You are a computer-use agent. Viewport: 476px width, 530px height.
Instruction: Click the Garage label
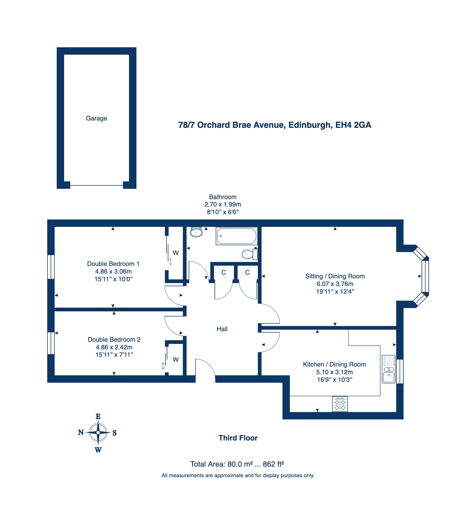click(96, 118)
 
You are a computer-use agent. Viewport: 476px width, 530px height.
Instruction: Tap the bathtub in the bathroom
click(236, 236)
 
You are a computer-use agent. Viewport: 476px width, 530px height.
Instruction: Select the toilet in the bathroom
click(250, 254)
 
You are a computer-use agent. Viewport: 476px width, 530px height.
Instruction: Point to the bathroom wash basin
click(196, 232)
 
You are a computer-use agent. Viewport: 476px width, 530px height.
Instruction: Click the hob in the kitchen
click(340, 404)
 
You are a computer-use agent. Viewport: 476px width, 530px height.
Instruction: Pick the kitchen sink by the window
click(389, 369)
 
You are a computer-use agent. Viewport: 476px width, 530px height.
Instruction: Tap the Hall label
click(222, 329)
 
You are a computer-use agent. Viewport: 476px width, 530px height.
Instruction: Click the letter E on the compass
click(98, 416)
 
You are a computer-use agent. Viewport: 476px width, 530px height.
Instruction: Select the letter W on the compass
click(98, 450)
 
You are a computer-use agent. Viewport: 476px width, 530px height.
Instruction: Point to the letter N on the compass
click(81, 432)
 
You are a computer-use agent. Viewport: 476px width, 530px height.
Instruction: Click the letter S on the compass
click(115, 433)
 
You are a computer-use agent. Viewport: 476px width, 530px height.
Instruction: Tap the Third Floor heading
click(238, 438)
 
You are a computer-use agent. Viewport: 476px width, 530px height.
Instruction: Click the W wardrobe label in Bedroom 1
click(176, 253)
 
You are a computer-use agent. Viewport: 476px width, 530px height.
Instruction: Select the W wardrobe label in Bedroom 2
click(176, 360)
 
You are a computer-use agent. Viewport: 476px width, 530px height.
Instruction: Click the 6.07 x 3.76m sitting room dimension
click(335, 284)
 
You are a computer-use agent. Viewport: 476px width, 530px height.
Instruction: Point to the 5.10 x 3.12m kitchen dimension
click(335, 372)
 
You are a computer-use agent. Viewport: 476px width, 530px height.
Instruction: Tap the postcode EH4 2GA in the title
click(353, 125)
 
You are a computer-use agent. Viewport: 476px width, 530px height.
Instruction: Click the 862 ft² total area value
click(273, 464)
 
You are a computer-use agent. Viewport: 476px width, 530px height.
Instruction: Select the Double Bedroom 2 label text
click(114, 340)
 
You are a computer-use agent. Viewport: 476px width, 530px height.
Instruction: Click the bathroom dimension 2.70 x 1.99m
click(223, 204)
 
